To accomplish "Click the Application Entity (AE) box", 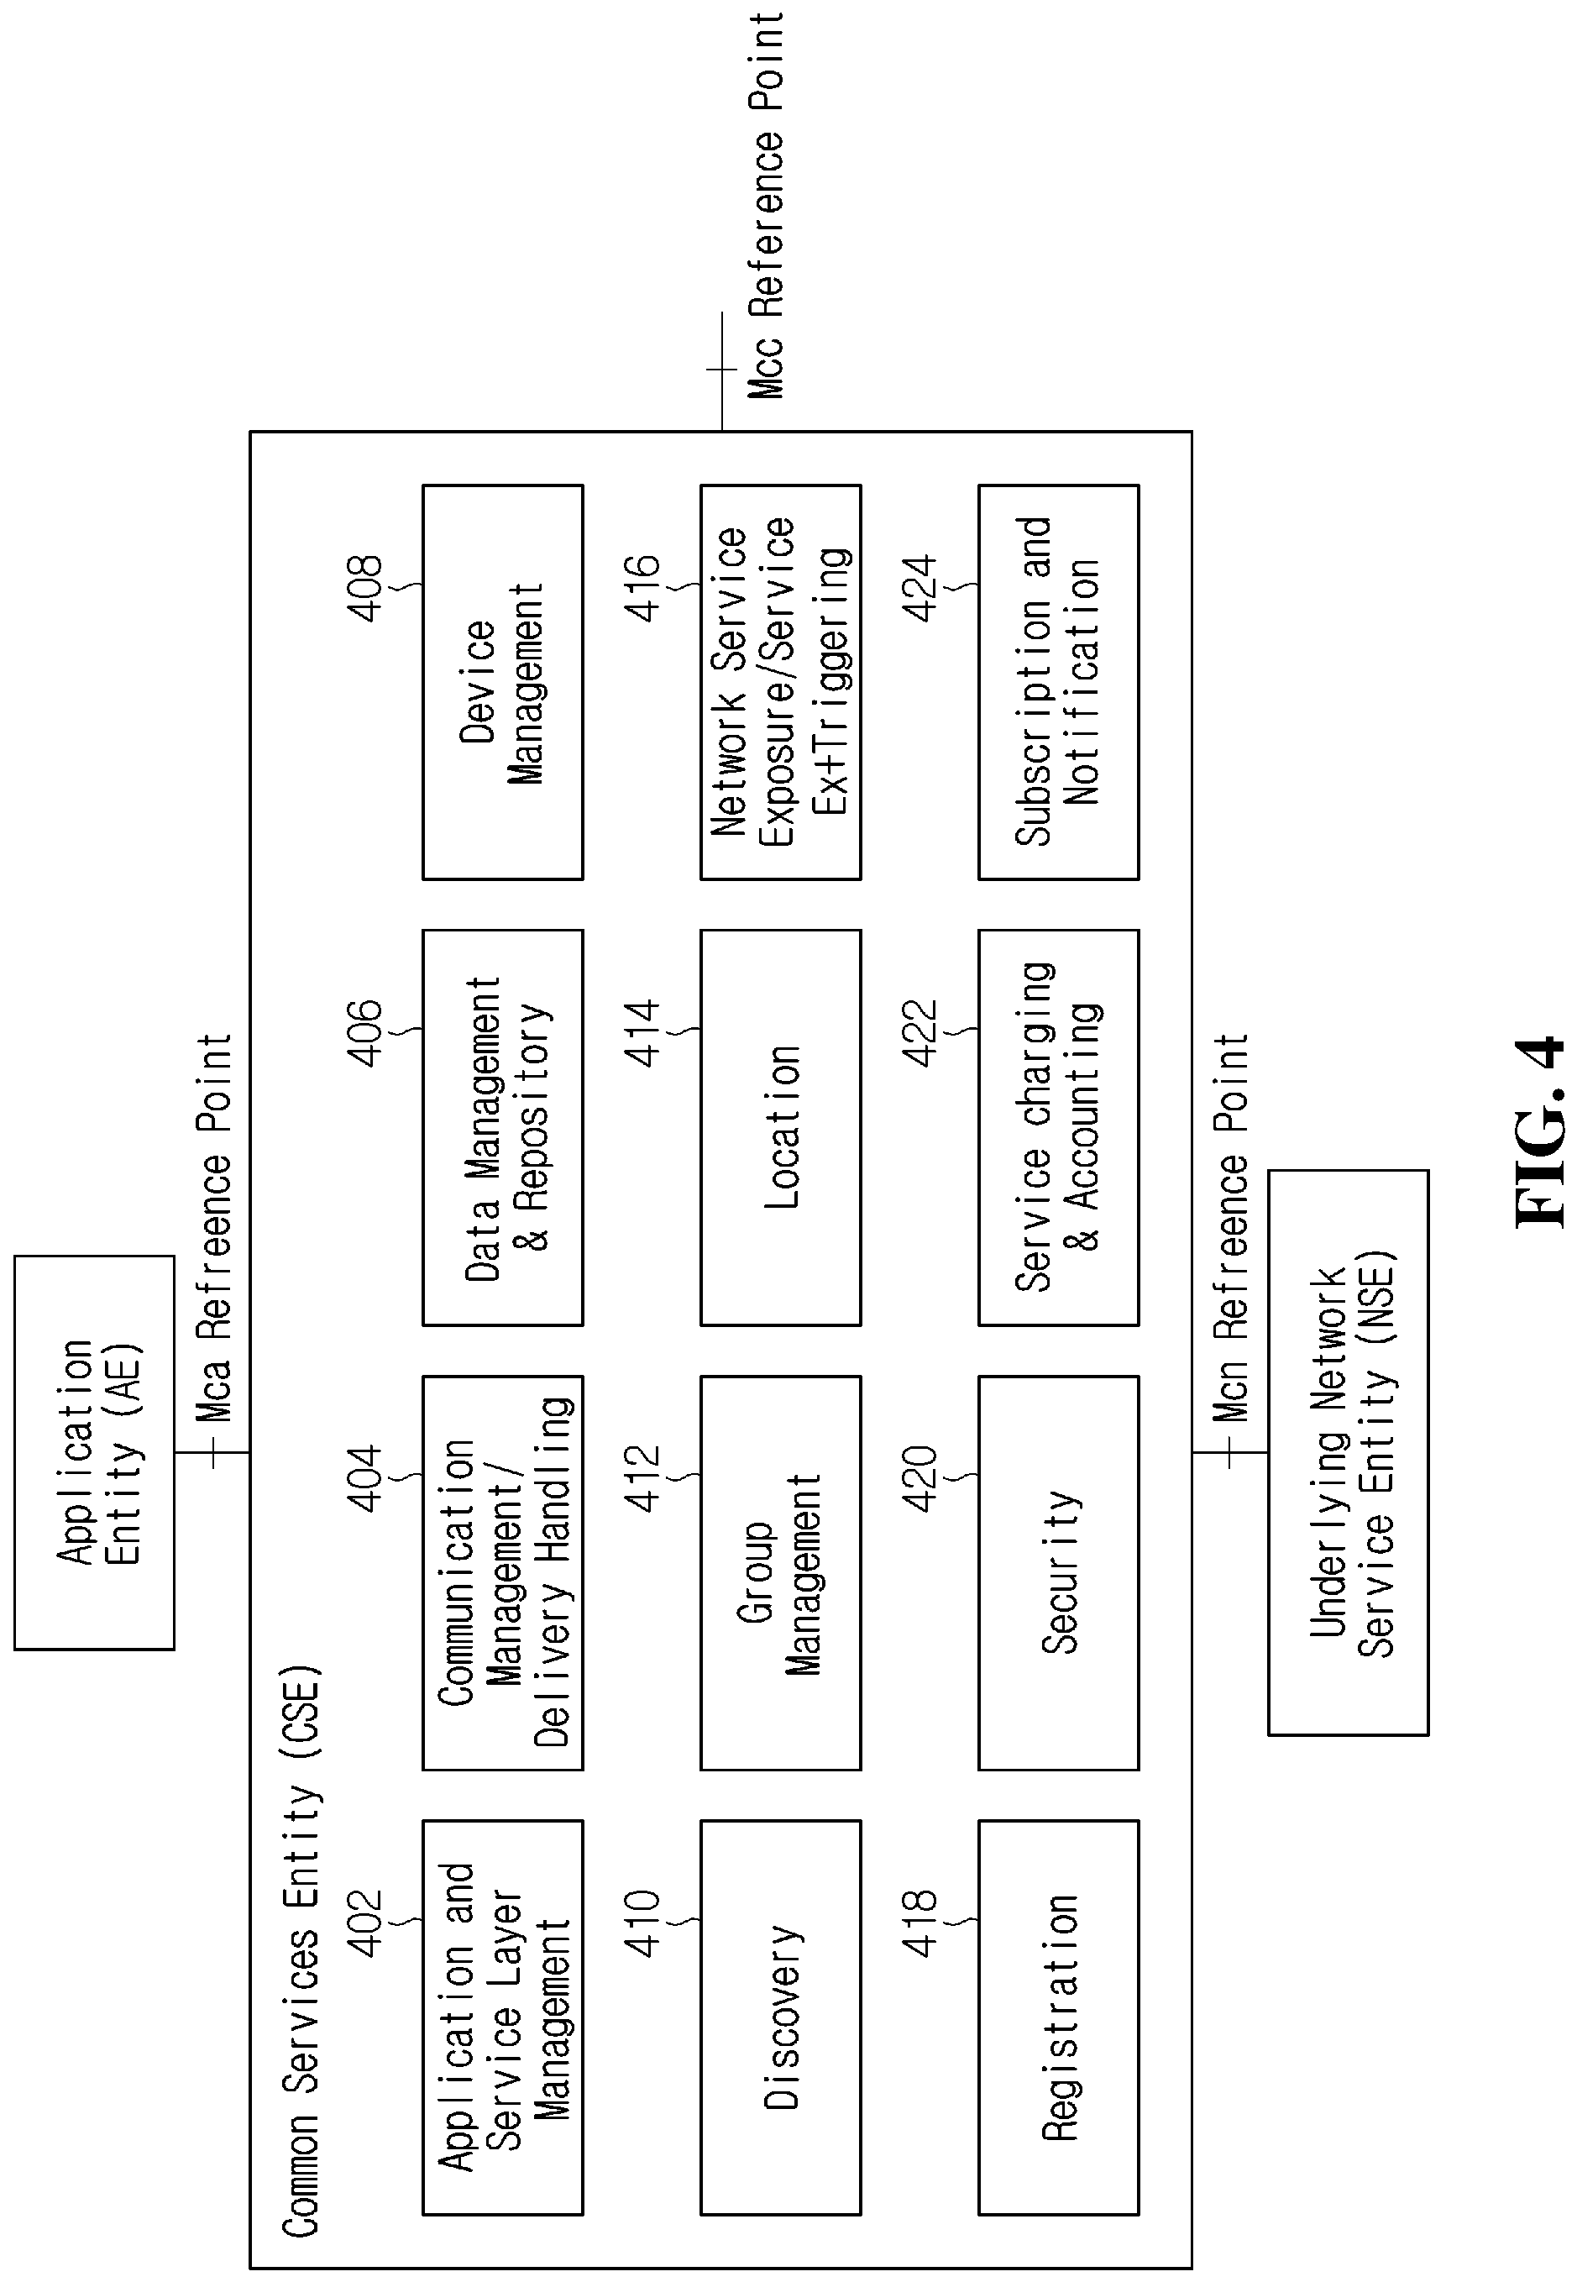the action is pyautogui.click(x=94, y=1452).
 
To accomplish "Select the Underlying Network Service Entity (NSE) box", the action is pyautogui.click(x=1348, y=1452).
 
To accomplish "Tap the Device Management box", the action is pyautogui.click(x=503, y=682).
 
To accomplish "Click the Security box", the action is pyautogui.click(x=1058, y=1572).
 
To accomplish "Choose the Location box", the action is pyautogui.click(x=781, y=1128).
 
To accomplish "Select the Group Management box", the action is pyautogui.click(x=781, y=1572).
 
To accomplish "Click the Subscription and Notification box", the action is pyautogui.click(x=1058, y=682).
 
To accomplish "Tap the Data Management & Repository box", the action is pyautogui.click(x=503, y=1128).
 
